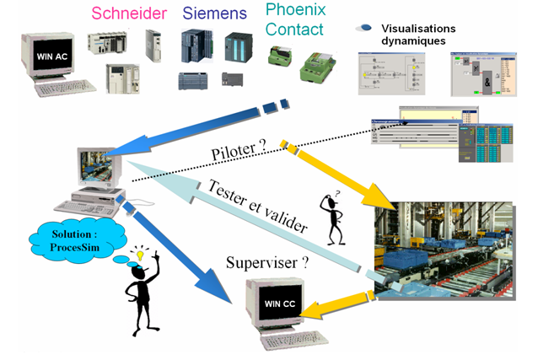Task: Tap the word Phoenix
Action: coord(293,10)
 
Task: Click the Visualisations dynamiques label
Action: coord(418,35)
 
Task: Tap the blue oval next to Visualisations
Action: coord(365,29)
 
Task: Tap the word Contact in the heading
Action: coord(294,30)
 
